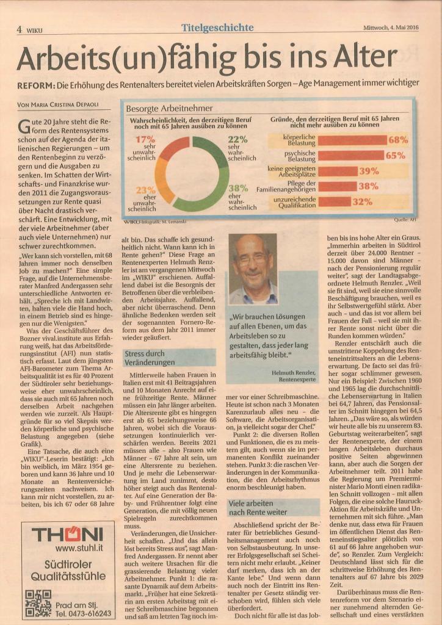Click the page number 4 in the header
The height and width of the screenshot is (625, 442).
point(19,29)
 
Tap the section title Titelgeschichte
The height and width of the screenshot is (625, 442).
point(217,27)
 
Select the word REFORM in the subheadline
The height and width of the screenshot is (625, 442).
point(33,85)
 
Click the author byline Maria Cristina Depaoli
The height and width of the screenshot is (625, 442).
point(58,105)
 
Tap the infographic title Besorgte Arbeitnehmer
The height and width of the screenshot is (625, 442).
point(169,108)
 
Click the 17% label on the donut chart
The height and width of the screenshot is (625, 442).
point(145,140)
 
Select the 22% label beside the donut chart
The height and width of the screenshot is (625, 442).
point(238,140)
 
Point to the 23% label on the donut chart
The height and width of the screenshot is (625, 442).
point(145,190)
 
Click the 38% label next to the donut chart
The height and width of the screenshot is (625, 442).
point(238,188)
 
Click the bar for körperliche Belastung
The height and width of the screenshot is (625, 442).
point(352,140)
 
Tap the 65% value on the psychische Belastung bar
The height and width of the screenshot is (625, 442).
point(396,156)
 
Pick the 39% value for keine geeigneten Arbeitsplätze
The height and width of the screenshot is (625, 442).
point(369,171)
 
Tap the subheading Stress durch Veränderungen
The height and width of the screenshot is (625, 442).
point(150,358)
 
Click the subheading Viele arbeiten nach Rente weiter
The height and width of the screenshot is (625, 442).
point(256,507)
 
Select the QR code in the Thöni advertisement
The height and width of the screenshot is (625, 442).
point(38,603)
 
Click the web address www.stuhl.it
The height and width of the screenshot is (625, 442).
point(79,548)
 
